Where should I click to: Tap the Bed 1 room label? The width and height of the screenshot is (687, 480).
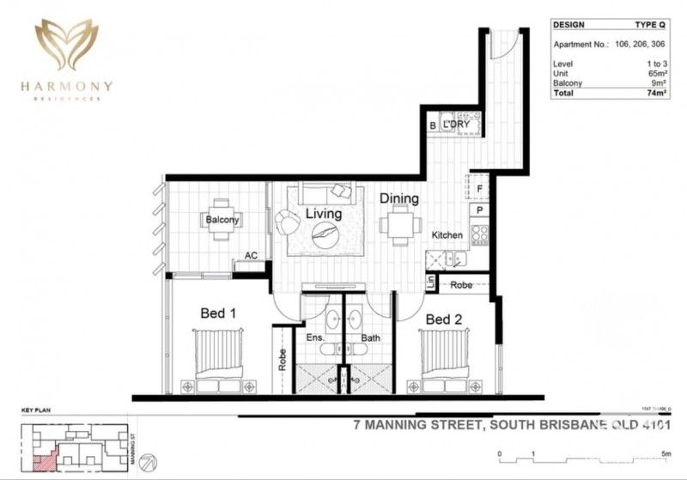tap(218, 314)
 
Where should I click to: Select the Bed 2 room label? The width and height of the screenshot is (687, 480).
tap(444, 319)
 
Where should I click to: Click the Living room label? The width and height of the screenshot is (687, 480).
tap(323, 214)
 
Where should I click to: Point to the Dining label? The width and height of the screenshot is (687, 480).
tap(399, 198)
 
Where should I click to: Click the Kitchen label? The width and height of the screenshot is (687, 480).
tap(447, 235)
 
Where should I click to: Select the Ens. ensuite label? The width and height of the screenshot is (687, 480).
tap(315, 338)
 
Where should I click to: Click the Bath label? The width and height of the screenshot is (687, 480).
tap(371, 338)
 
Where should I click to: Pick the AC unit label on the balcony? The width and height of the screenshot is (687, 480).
tap(252, 255)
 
